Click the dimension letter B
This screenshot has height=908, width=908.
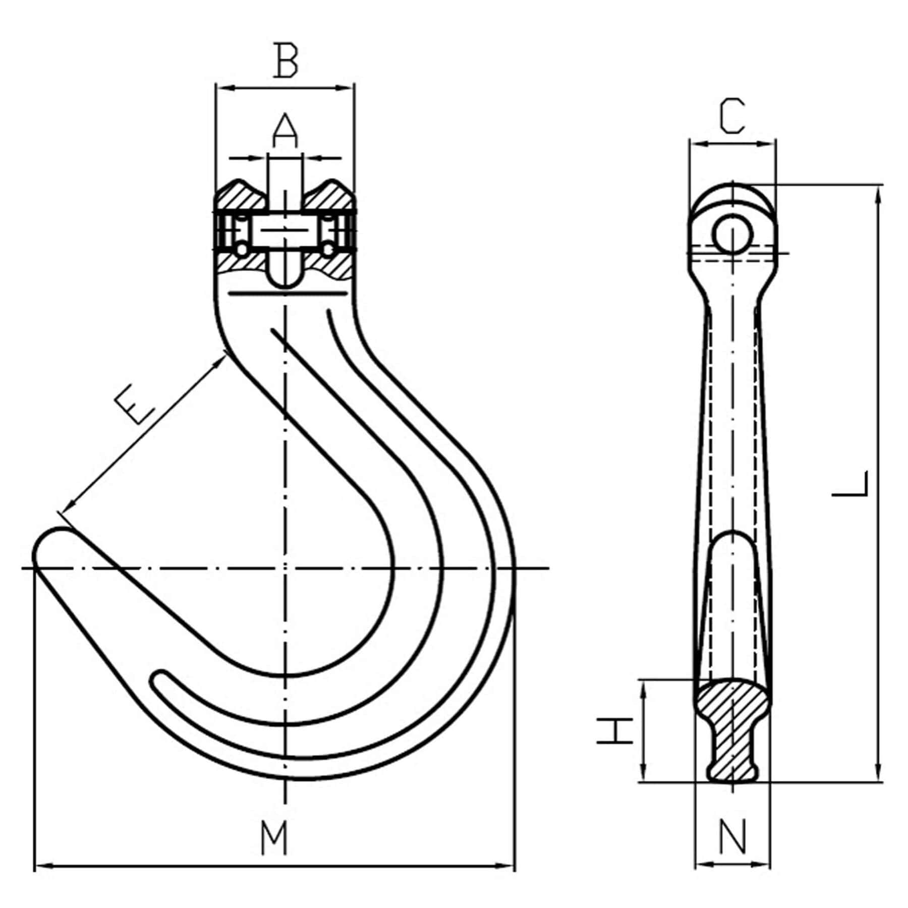click(286, 61)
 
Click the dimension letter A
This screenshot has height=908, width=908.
click(285, 131)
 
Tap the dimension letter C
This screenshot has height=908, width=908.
click(732, 117)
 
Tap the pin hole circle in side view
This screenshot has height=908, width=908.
click(732, 234)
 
